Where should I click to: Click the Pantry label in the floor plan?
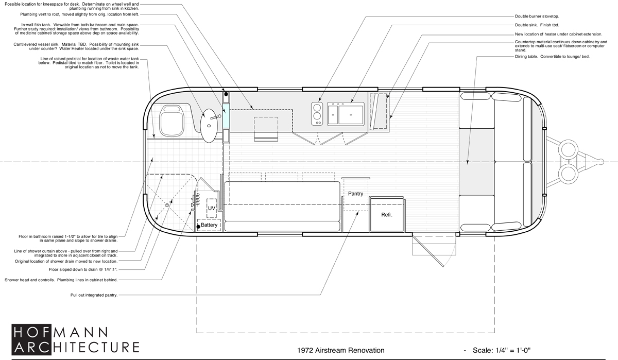pos(355,194)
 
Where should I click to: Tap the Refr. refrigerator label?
pos(387,215)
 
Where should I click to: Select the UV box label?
pos(211,208)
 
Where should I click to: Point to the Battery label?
pos(209,225)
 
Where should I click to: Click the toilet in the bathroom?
pos(171,121)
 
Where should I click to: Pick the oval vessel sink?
pos(209,126)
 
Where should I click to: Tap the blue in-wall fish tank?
pos(226,116)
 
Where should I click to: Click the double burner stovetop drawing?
pos(317,114)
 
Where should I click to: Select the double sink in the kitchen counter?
pos(346,114)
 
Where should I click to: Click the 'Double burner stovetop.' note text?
pos(537,16)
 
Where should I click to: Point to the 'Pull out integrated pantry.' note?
pos(94,295)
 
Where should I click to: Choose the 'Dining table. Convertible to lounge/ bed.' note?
pos(552,57)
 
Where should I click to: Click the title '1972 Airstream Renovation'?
pos(341,350)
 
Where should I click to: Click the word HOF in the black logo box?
pos(31,333)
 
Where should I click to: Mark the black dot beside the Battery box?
pos(198,227)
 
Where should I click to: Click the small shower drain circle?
pos(167,205)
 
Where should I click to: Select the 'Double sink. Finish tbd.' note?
pos(537,25)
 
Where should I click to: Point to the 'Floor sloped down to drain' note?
pos(83,269)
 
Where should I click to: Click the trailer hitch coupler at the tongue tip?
pos(601,162)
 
